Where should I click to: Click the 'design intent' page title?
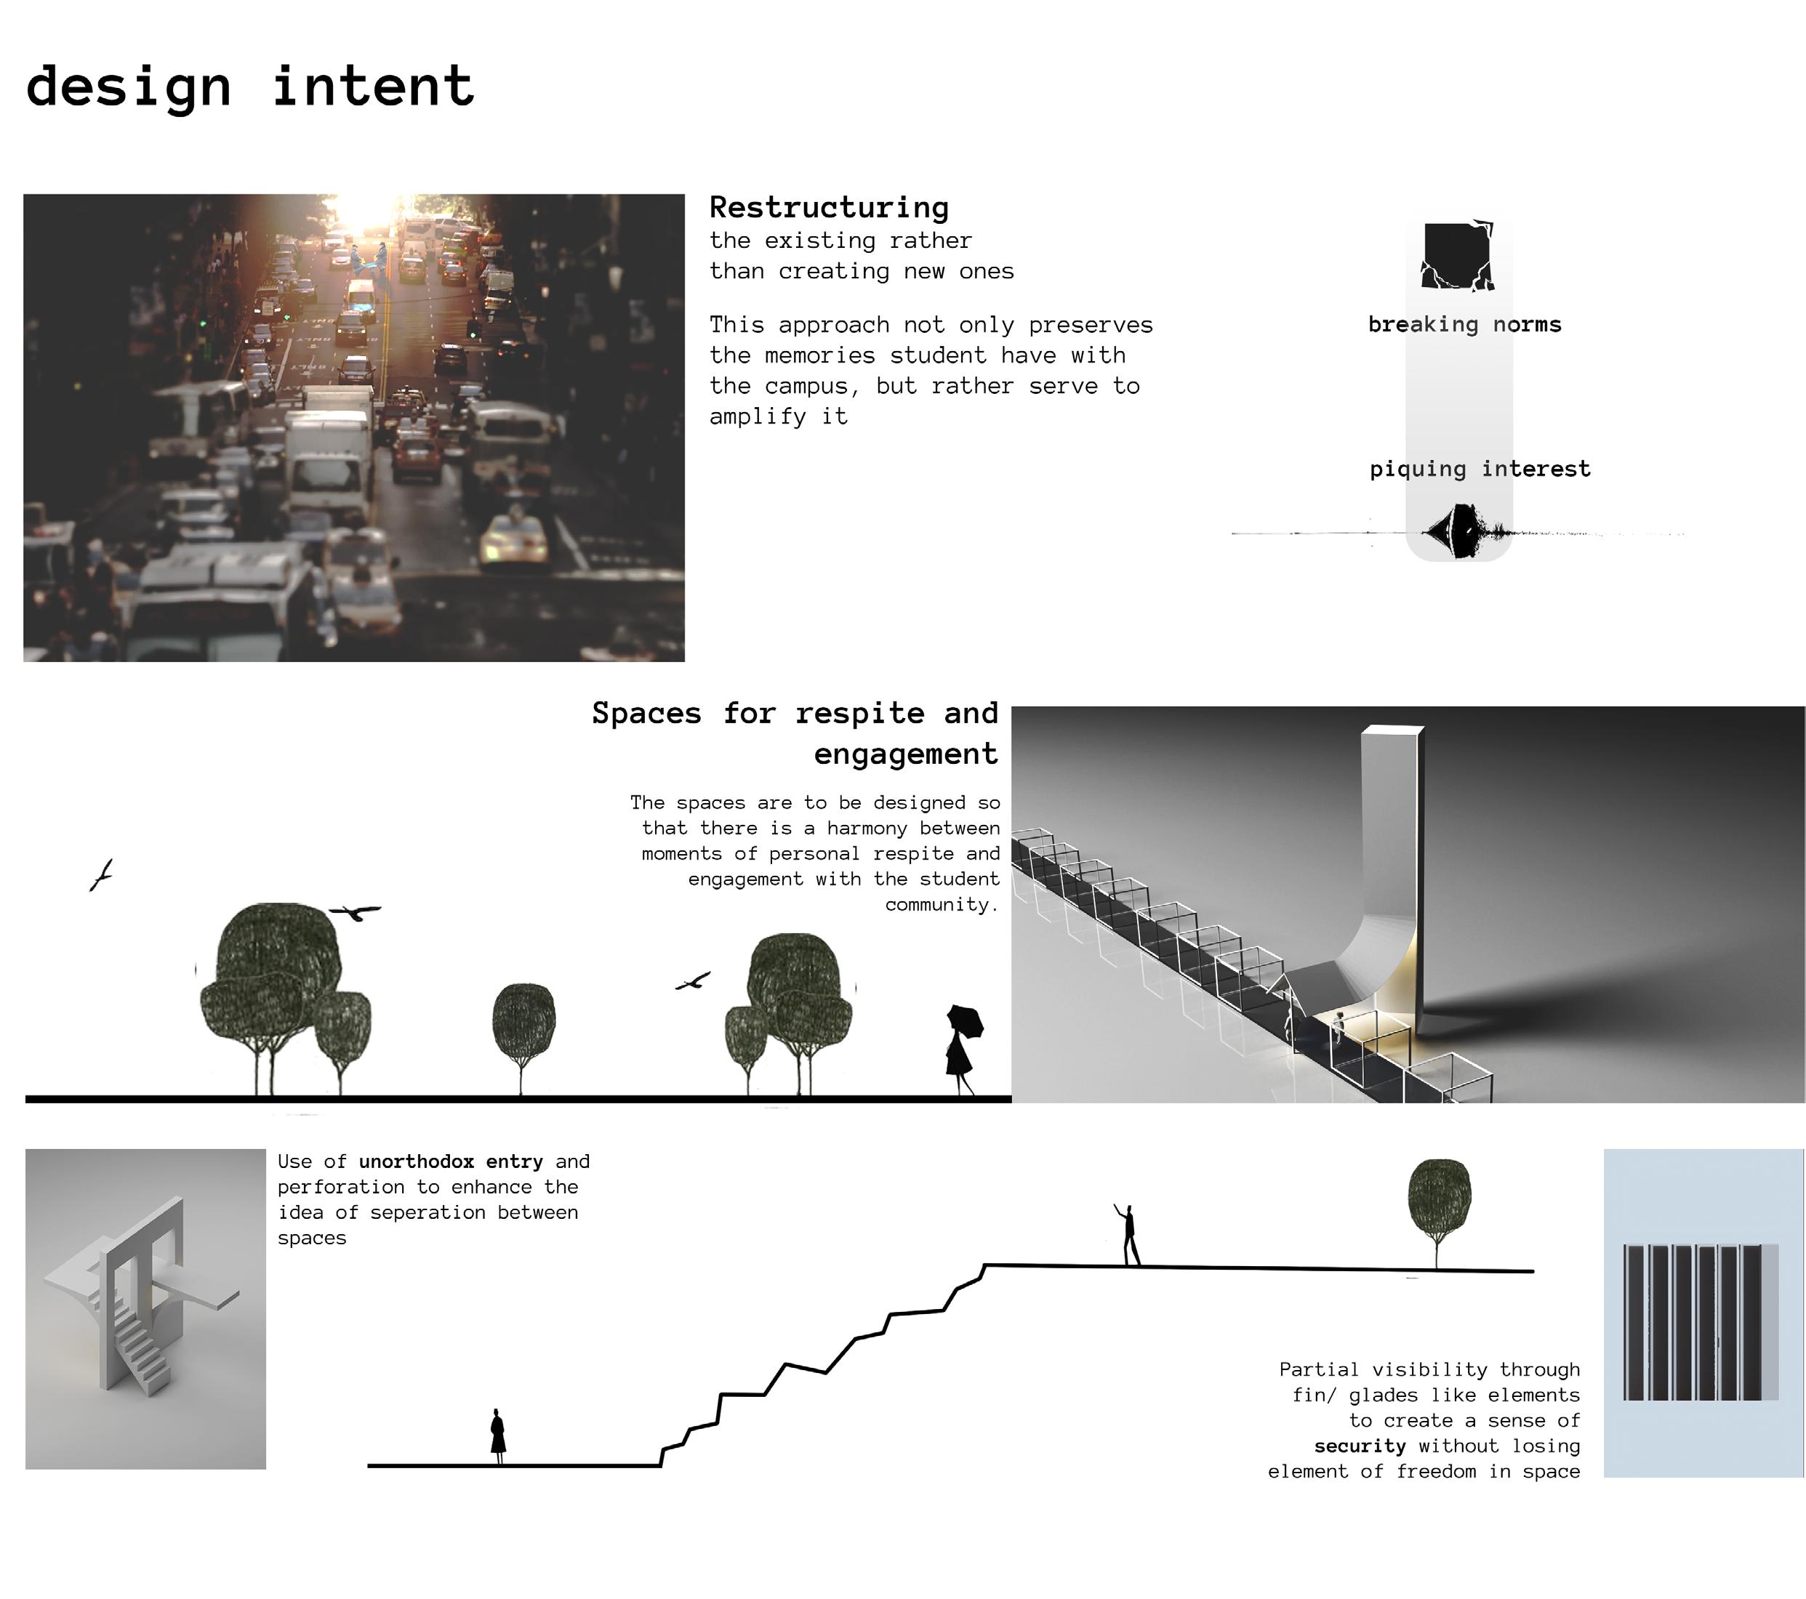click(250, 86)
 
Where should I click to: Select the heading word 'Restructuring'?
click(829, 208)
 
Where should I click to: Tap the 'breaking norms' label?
click(1464, 324)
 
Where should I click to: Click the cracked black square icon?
click(1457, 256)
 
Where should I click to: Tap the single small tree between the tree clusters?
click(523, 1025)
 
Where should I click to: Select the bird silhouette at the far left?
click(102, 874)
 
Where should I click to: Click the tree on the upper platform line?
click(1438, 1201)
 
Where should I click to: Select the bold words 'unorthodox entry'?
click(451, 1161)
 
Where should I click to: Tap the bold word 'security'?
click(1359, 1446)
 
